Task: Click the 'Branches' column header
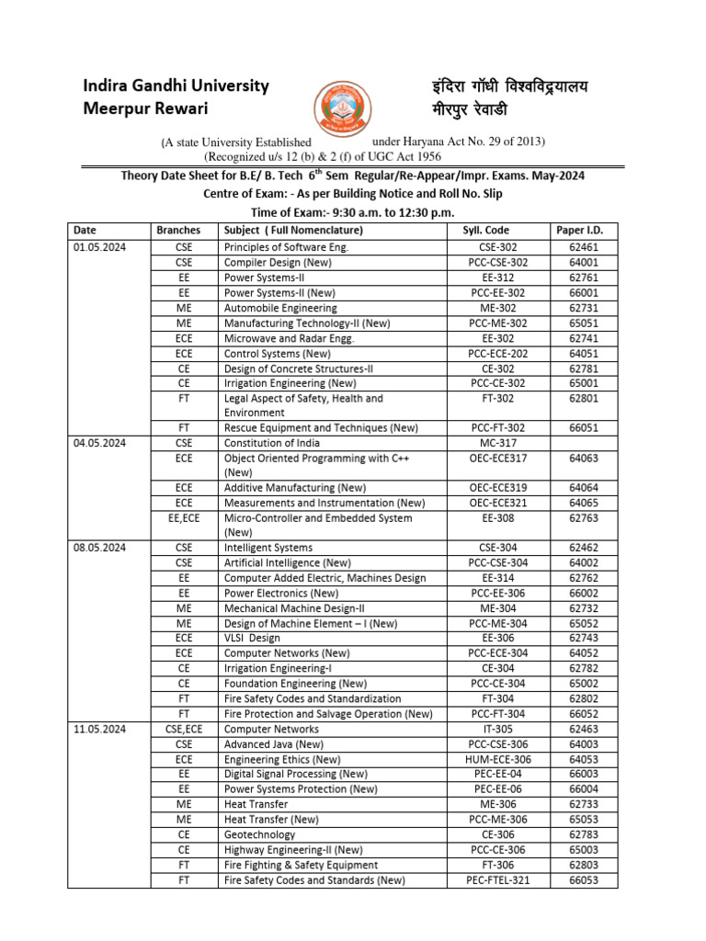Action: pos(184,231)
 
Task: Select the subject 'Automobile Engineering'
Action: pos(280,309)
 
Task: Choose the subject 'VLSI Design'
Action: pos(253,639)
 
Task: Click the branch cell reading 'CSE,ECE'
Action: pos(184,729)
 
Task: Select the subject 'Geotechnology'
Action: pos(260,835)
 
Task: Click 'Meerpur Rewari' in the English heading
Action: pos(145,109)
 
